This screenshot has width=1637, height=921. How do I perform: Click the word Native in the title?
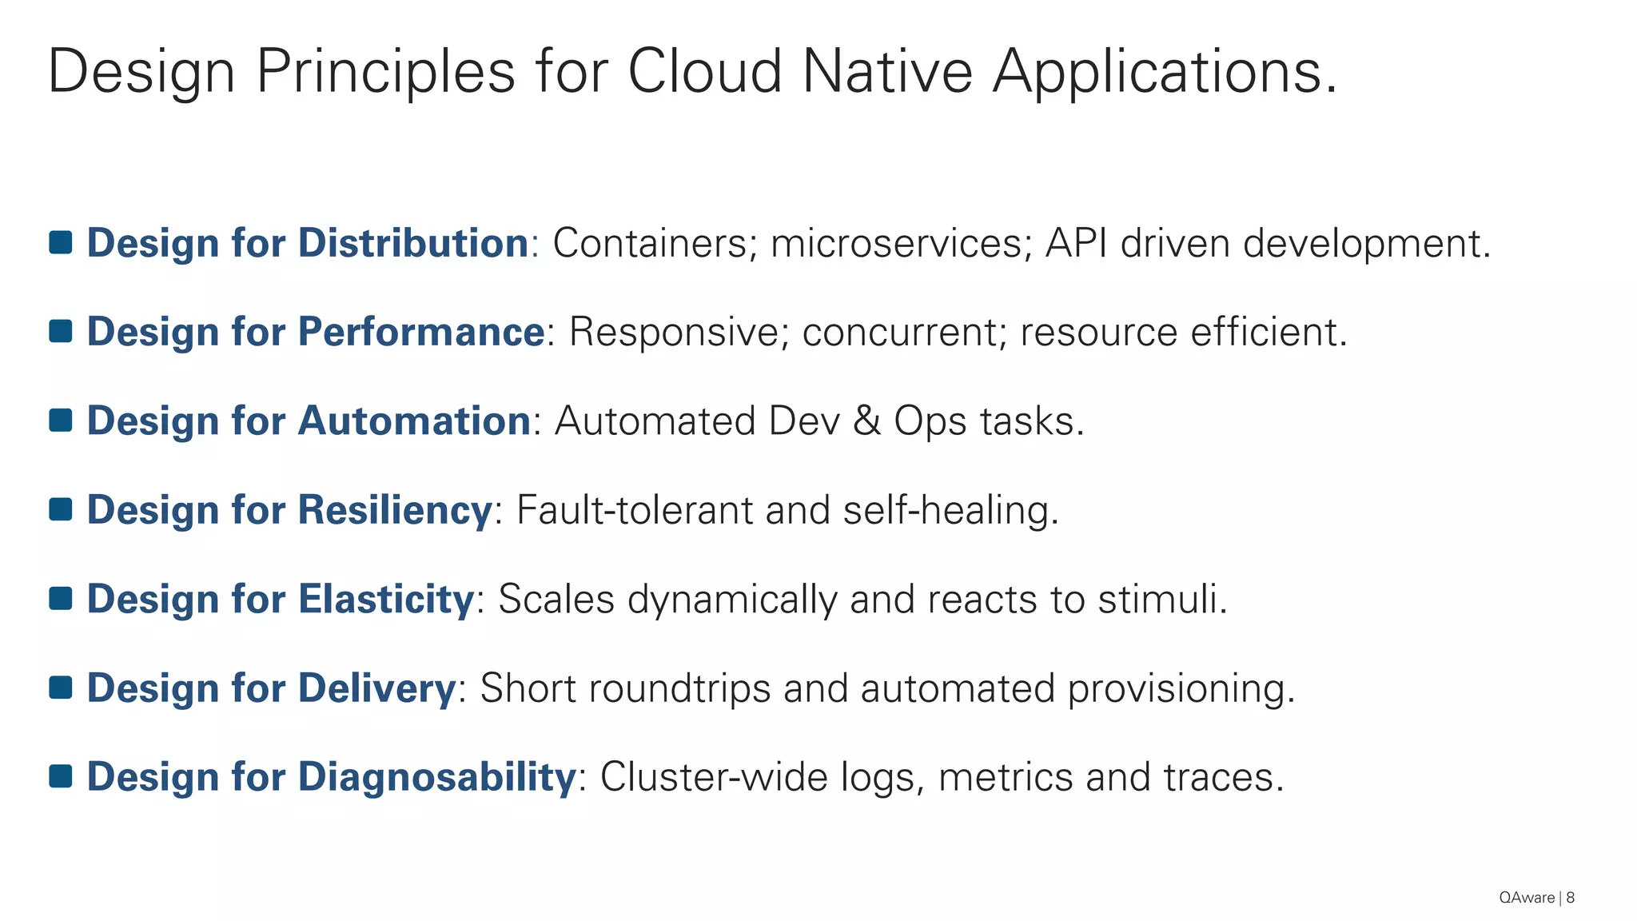coord(886,72)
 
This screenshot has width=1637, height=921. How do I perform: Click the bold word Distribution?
coord(412,243)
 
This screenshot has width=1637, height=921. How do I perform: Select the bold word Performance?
coord(420,332)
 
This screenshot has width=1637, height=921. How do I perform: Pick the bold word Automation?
coord(413,421)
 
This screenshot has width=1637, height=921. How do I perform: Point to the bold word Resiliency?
coord(395,510)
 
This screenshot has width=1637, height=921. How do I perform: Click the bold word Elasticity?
coord(386,599)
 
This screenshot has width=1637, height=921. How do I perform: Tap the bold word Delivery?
coord(376,688)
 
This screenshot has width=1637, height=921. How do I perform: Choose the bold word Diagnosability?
coord(436,777)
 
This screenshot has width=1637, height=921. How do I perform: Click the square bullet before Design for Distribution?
coord(61,243)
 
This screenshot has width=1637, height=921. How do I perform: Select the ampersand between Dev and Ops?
coord(866,421)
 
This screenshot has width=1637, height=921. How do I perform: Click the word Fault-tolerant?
coord(634,510)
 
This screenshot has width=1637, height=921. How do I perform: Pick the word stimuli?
coord(1161,599)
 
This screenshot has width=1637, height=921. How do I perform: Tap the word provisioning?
coord(1181,689)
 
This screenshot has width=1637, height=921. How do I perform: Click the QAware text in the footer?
coord(1526,898)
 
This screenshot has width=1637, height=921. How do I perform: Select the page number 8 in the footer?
coord(1570,898)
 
